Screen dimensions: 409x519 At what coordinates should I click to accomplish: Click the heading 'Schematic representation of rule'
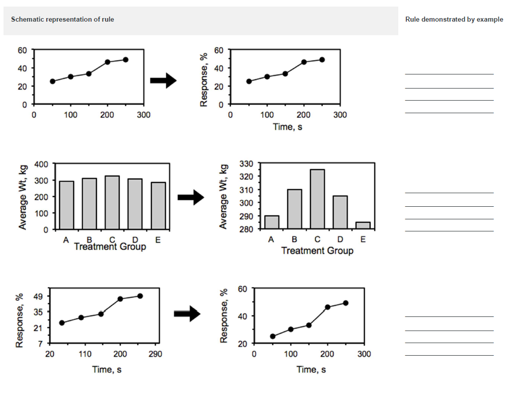(62, 20)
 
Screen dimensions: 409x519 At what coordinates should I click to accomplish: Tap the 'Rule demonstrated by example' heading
(454, 20)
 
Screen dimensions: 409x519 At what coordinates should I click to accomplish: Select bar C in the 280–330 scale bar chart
(317, 199)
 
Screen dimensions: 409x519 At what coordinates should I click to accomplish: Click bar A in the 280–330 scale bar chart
(272, 222)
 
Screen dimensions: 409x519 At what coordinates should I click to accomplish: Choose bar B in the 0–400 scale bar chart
(89, 204)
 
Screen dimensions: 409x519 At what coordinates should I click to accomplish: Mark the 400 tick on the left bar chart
(42, 164)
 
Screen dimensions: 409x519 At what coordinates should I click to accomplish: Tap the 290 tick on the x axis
(155, 354)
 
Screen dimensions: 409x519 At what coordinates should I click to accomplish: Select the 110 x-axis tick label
(85, 354)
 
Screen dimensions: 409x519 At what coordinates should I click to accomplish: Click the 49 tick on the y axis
(39, 296)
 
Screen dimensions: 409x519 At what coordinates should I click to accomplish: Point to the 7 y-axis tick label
(41, 344)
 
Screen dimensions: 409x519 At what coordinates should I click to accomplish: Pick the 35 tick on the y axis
(39, 312)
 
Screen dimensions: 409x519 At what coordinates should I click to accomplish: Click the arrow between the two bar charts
(191, 198)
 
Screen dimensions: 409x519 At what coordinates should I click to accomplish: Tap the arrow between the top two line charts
(163, 80)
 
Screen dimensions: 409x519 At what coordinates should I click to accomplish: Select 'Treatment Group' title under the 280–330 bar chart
(317, 251)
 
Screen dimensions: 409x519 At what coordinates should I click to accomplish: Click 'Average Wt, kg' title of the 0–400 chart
(23, 197)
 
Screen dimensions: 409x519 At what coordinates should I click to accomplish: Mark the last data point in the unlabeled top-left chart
(126, 59)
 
